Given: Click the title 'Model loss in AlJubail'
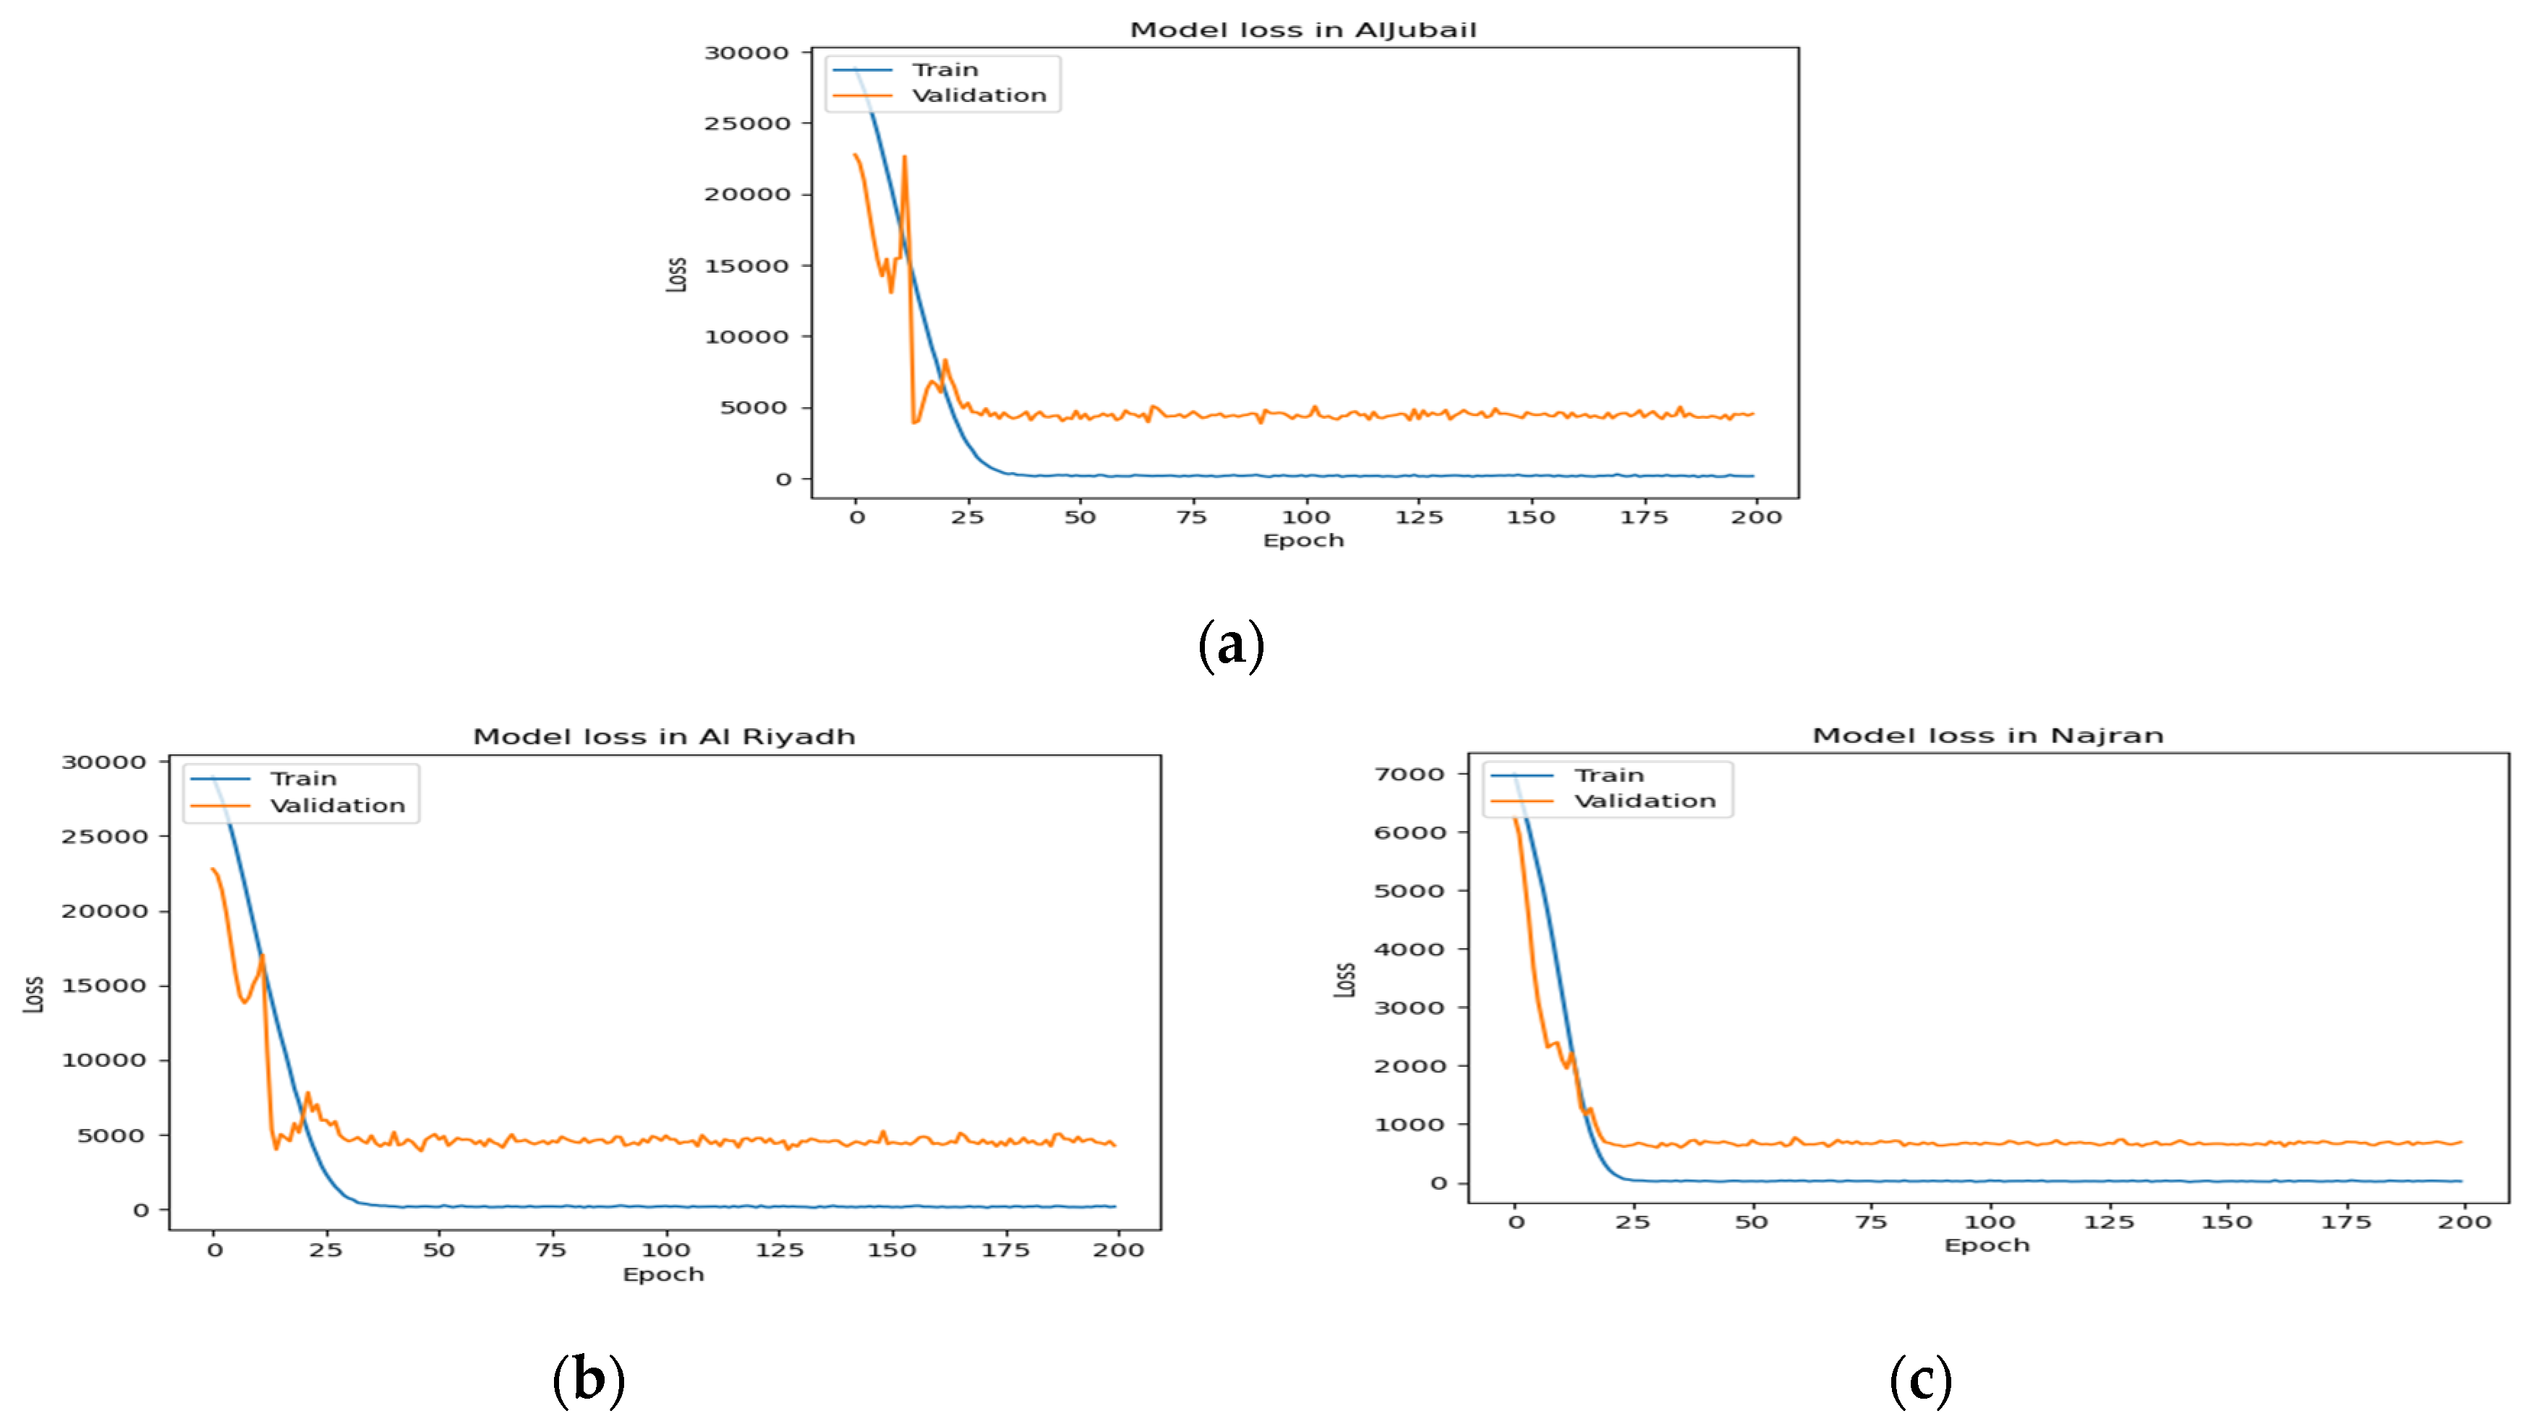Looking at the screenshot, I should click(1303, 30).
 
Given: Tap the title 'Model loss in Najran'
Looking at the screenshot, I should click(1987, 735).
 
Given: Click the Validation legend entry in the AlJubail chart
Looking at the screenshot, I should click(978, 95).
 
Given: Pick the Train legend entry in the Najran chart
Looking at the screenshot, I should click(1608, 775).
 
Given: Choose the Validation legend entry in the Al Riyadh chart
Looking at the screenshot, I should click(337, 806).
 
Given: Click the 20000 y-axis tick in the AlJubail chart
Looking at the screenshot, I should click(747, 195).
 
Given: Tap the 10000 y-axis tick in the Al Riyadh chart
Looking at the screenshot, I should click(104, 1060).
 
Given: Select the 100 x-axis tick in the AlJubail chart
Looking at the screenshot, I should click(1305, 517).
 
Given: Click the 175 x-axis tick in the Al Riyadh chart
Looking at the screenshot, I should click(1005, 1250).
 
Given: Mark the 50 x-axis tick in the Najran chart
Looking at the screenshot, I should click(1752, 1222).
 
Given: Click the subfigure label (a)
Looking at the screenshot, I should click(1231, 646).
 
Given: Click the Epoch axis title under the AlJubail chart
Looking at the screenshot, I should click(1303, 540).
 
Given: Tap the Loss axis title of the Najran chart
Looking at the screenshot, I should click(1344, 980).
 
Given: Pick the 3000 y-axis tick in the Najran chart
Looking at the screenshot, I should click(1410, 1007).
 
